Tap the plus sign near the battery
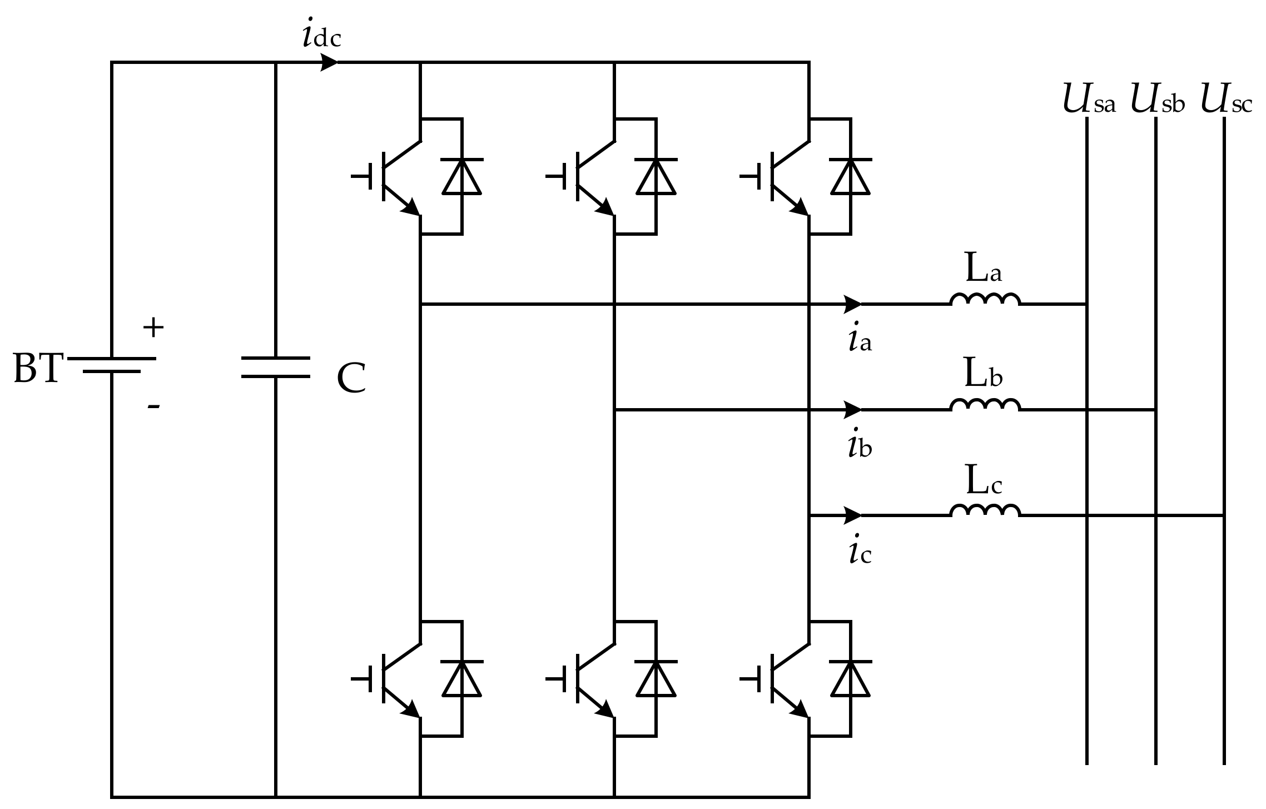[x=153, y=328]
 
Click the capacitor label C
[x=351, y=379]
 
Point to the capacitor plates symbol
[x=276, y=368]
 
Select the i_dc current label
[x=321, y=36]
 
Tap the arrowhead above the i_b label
[x=852, y=410]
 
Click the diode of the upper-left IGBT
[x=462, y=176]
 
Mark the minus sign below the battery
[x=153, y=406]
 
